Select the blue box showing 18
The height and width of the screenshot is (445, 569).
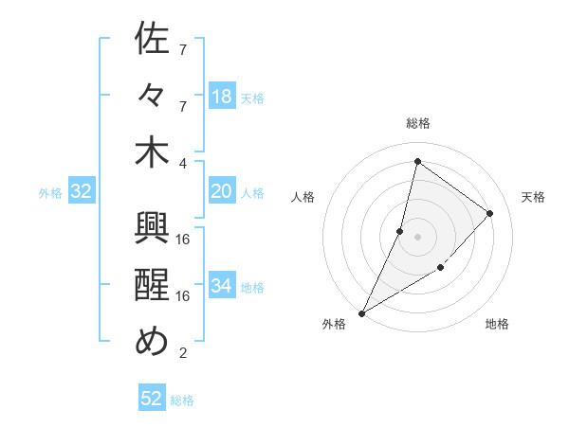222,97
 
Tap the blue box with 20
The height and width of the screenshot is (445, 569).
222,192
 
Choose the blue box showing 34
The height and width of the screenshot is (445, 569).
222,287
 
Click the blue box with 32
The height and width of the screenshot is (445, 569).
81,192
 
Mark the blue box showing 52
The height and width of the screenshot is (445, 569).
152,399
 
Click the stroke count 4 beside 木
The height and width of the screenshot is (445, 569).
183,162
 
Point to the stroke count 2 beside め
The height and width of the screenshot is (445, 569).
183,353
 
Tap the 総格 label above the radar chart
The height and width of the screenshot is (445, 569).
418,123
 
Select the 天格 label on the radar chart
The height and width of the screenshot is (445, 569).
533,197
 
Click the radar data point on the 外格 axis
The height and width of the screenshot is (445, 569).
362,312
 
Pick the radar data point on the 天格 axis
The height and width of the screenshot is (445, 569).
490,213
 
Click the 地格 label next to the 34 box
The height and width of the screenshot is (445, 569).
253,288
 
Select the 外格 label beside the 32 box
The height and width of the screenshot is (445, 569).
50,193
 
